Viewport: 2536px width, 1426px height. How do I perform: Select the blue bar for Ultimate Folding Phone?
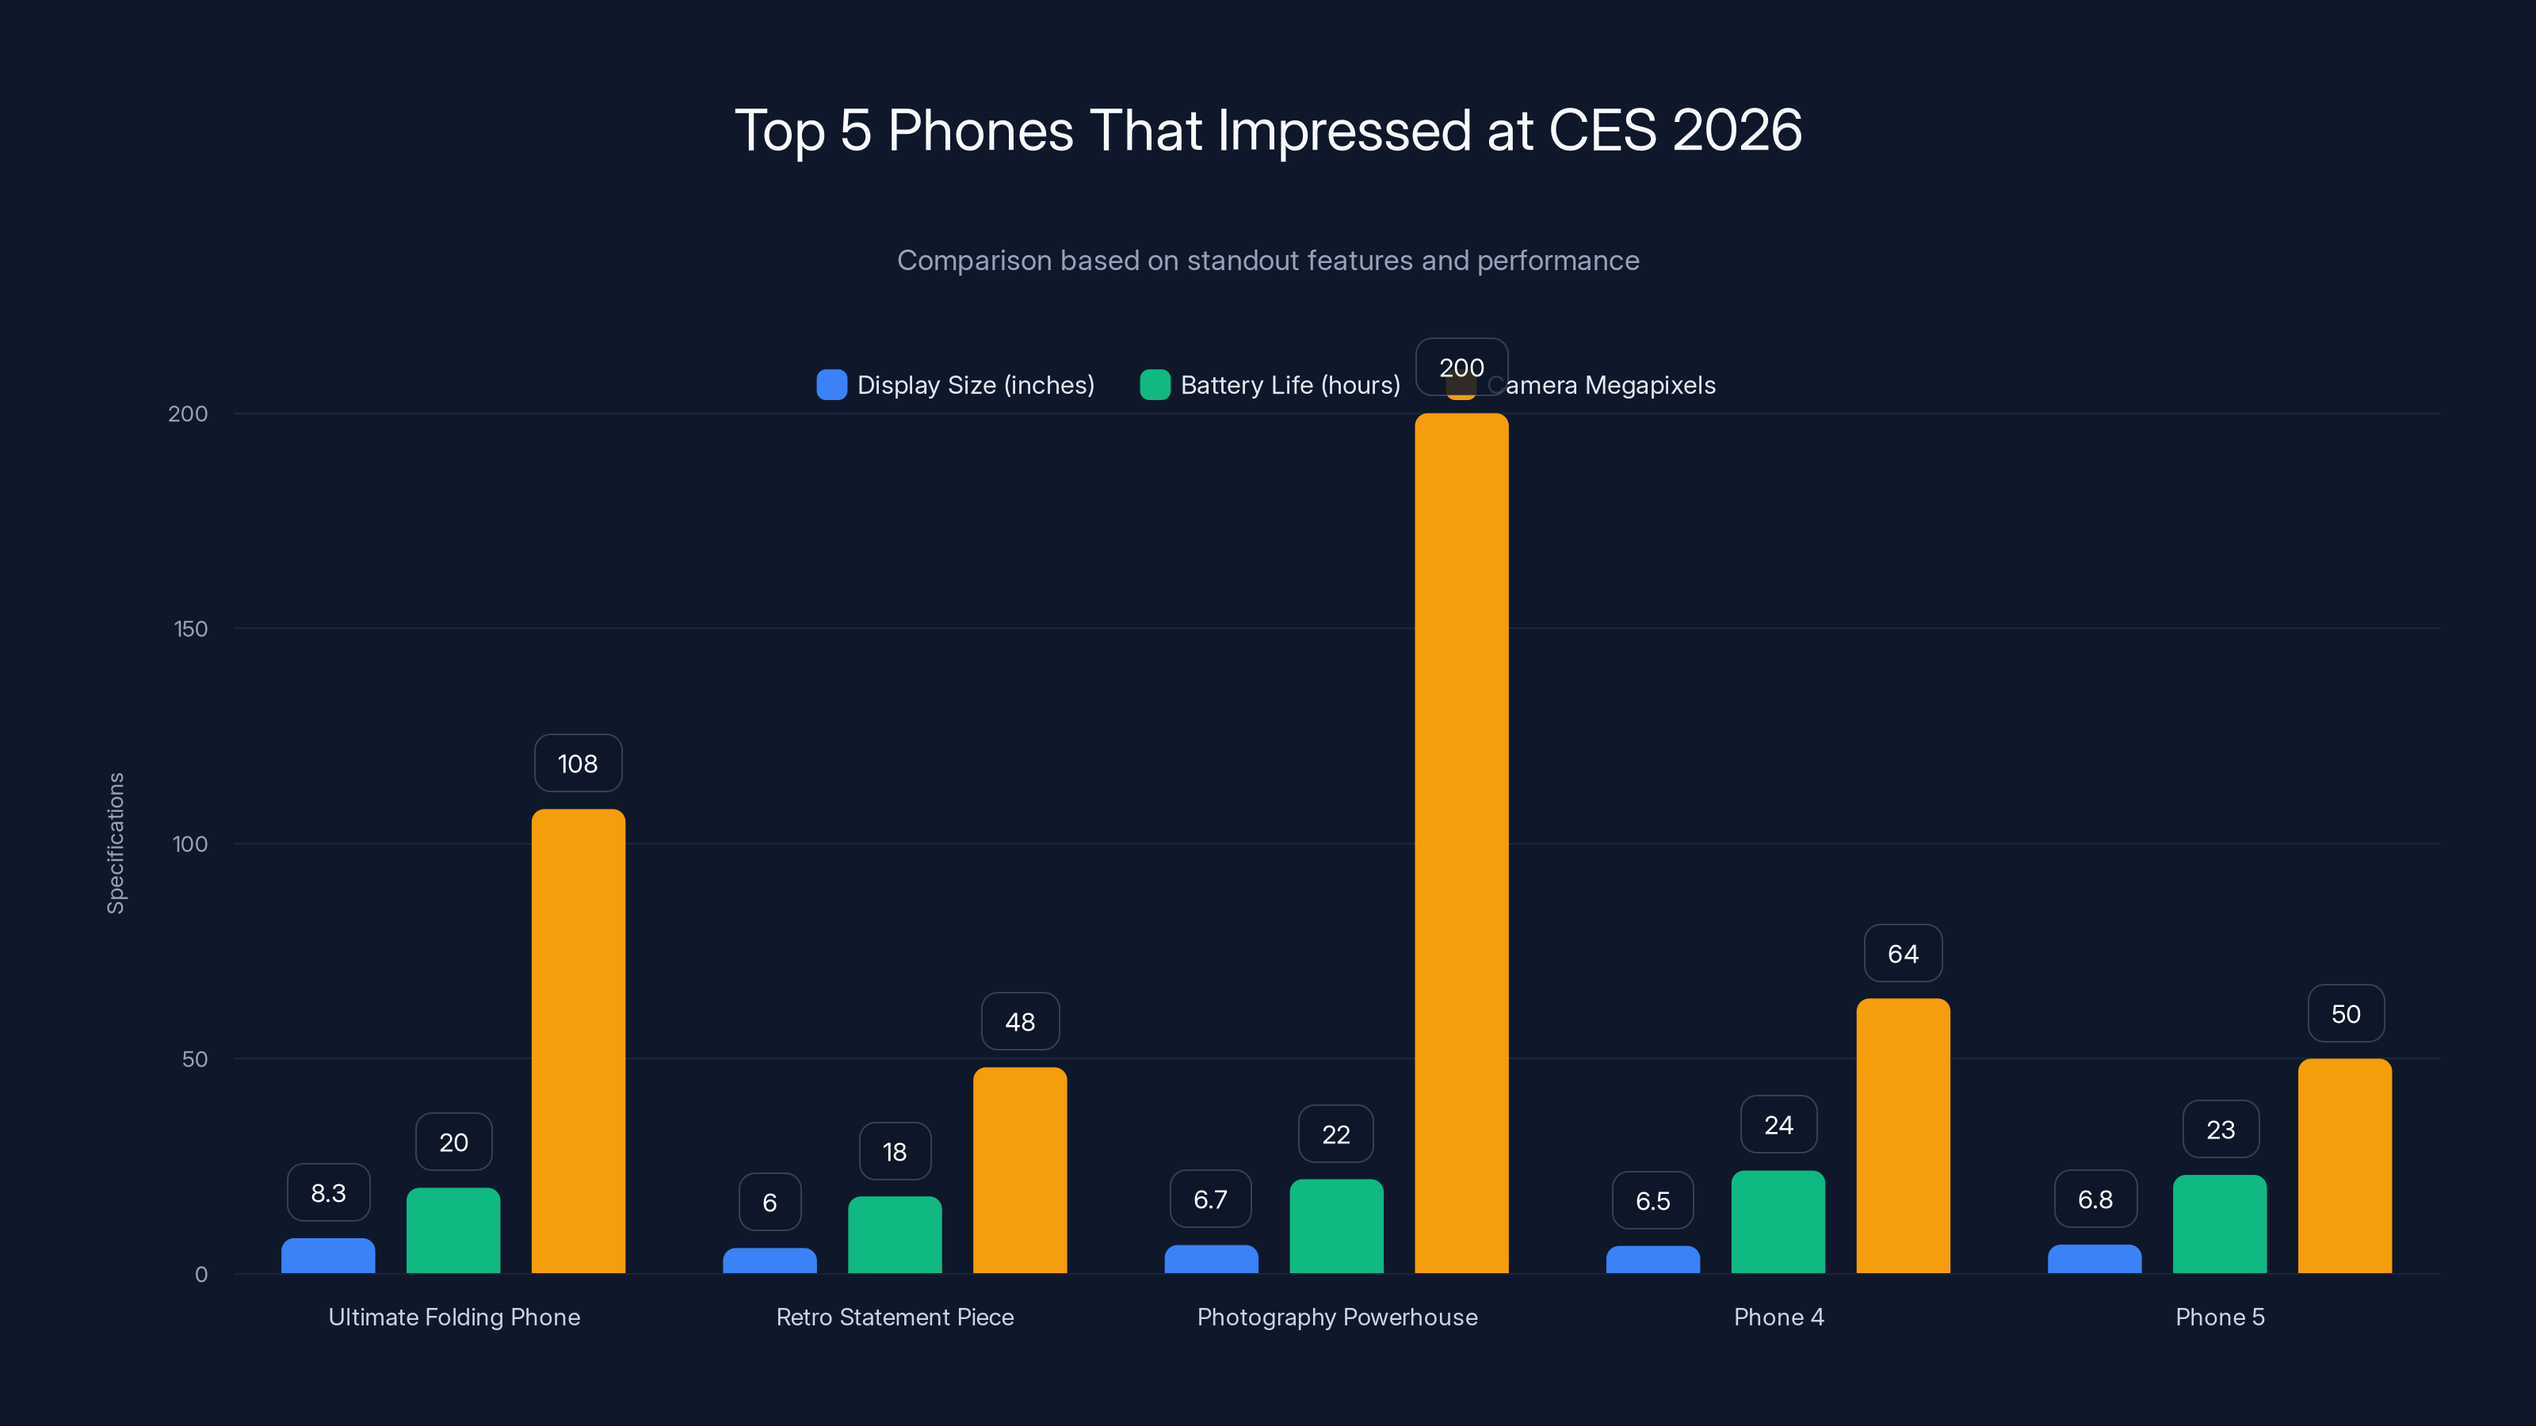click(328, 1256)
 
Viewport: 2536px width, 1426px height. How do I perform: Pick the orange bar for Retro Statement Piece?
click(1020, 1170)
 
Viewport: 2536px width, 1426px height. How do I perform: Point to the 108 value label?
click(578, 764)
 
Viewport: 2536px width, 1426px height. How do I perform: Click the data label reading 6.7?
click(1210, 1199)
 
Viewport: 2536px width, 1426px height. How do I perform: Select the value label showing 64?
click(1903, 954)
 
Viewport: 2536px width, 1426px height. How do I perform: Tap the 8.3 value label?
click(328, 1193)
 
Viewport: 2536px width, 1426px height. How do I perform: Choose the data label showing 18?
click(894, 1151)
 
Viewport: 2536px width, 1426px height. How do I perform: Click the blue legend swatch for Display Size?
click(832, 385)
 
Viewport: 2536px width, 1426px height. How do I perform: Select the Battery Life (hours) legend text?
click(1289, 385)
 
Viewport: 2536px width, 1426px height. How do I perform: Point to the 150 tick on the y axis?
click(191, 629)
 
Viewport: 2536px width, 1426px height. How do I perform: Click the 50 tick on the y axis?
click(195, 1059)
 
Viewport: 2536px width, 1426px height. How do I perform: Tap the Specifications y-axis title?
click(115, 844)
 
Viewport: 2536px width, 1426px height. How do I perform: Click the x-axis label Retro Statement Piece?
click(894, 1317)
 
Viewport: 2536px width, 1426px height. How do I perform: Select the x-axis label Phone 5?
click(2220, 1317)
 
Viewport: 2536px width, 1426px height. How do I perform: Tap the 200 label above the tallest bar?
click(1461, 367)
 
